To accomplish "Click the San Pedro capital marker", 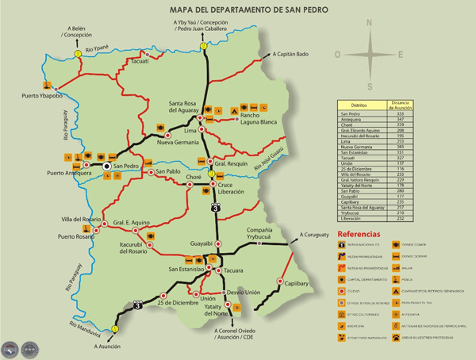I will [106, 167].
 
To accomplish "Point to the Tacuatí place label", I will [138, 61].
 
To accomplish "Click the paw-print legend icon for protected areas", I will [395, 337].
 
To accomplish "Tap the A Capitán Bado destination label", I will [290, 55].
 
